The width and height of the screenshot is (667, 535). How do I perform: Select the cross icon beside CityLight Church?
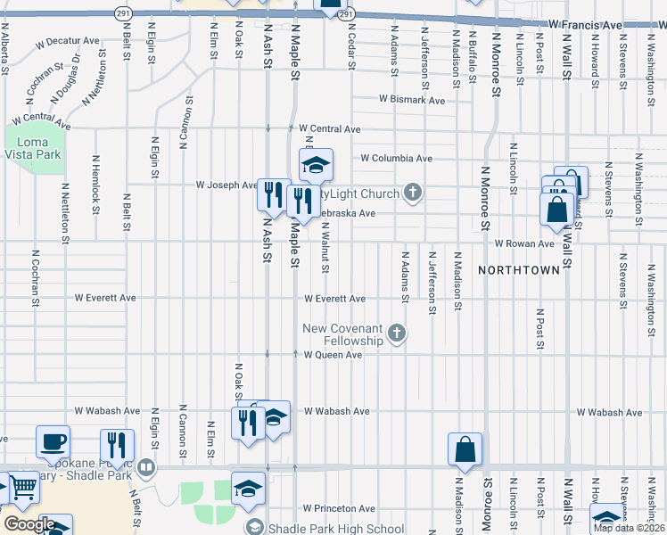(412, 192)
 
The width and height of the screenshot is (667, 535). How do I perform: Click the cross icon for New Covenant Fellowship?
(398, 334)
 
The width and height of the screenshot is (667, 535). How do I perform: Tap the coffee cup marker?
(53, 441)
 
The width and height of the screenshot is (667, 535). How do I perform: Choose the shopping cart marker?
(23, 486)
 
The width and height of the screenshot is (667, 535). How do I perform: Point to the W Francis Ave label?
(585, 26)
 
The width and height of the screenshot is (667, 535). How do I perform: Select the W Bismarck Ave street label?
(411, 101)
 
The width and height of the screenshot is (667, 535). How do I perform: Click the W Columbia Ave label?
(396, 159)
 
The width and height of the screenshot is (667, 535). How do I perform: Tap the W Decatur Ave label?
(67, 42)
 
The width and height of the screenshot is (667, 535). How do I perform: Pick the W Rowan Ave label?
(524, 243)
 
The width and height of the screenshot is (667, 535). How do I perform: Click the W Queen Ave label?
(332, 355)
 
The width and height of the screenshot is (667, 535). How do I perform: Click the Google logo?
(29, 525)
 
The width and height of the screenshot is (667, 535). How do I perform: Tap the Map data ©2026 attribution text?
(629, 528)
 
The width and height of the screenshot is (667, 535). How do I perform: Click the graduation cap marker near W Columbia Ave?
(315, 165)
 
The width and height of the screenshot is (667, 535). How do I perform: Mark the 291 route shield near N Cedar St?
(349, 14)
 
